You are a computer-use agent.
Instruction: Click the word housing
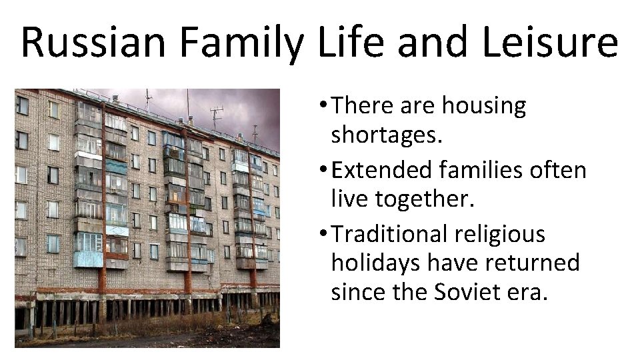point(484,105)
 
